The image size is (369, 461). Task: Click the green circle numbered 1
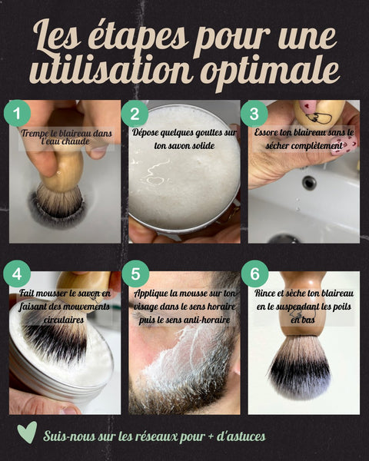pos(17,113)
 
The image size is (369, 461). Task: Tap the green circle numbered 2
pos(135,114)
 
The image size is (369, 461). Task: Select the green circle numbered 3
pos(254,114)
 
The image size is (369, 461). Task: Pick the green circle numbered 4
pos(17,274)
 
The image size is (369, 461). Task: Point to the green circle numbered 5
pos(135,274)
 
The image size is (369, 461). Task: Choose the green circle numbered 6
pos(254,274)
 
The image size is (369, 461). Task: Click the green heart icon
pos(27,432)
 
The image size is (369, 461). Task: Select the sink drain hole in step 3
pos(309,183)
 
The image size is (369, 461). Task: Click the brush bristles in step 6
pos(300,368)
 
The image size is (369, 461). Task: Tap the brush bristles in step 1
pos(60,201)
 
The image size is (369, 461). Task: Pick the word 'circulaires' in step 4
pos(63,320)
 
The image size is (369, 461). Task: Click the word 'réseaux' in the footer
pos(155,436)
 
